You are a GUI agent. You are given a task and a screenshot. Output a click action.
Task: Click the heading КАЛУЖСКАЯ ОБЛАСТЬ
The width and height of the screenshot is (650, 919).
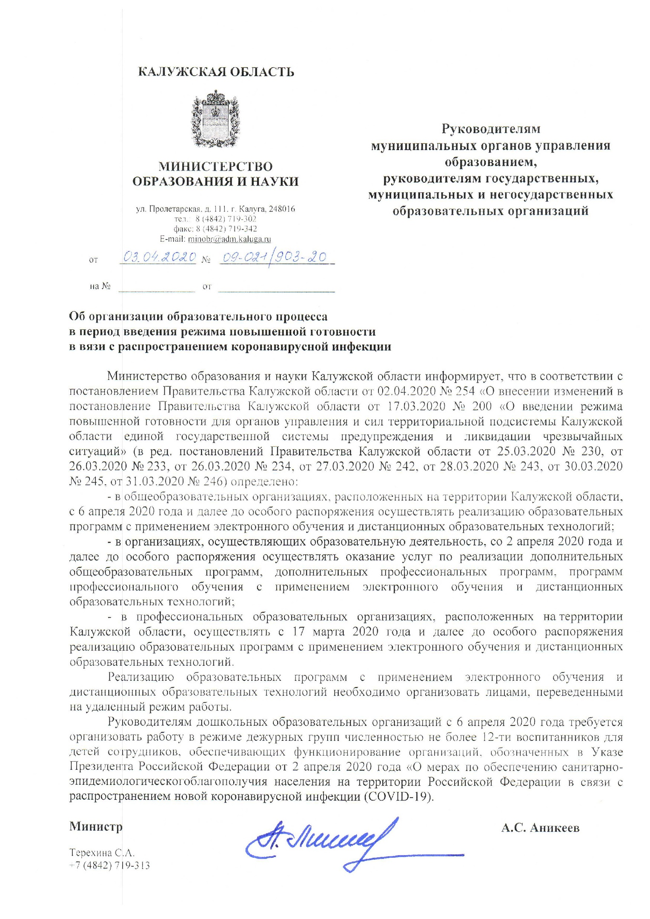(216, 72)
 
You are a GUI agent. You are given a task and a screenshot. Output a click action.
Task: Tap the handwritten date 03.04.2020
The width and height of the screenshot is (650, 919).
(159, 257)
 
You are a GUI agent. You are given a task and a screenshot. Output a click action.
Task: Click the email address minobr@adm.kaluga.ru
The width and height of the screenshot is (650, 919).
(229, 239)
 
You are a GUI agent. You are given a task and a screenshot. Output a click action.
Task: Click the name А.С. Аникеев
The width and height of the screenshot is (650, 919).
(540, 828)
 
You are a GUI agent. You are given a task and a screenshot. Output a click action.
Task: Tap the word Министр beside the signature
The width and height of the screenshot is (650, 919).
(96, 827)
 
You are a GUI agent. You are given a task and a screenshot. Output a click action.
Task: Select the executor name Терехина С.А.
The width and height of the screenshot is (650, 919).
(102, 853)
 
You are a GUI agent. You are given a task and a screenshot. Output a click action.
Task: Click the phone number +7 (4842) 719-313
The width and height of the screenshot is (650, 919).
(110, 865)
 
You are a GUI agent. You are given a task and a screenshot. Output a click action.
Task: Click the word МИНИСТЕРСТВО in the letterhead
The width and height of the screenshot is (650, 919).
(215, 166)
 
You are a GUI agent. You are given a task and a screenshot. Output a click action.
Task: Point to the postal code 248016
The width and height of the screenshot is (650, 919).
(279, 209)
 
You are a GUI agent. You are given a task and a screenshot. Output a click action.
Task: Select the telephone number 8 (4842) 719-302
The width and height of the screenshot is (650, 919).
(226, 219)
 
